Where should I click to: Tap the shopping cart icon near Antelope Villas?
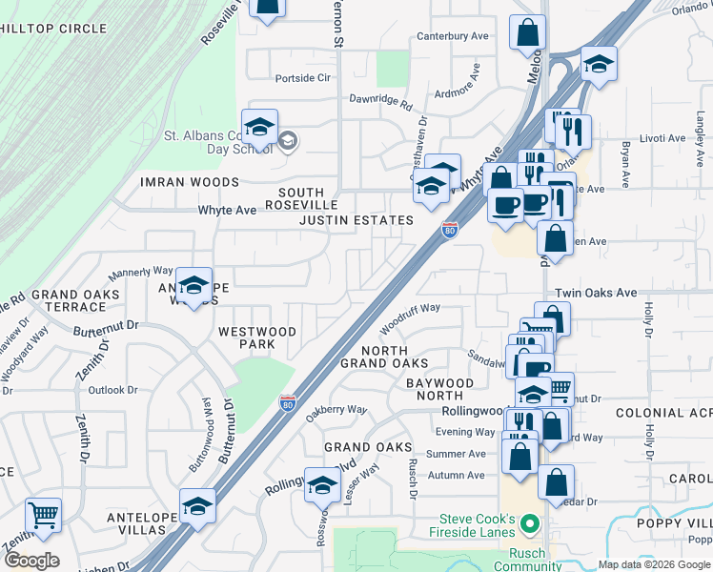pos(43,516)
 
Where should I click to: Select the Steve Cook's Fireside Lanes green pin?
pos(532,524)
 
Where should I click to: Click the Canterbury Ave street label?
pos(453,37)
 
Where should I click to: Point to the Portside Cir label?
pos(302,77)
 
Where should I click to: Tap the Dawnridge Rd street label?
pos(380,97)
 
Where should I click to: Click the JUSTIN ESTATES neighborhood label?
pos(356,220)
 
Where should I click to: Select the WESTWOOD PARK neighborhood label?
pos(257,337)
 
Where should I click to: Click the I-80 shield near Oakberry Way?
pos(287,404)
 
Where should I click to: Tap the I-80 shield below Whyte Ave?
pos(450,230)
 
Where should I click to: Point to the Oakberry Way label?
pos(336,410)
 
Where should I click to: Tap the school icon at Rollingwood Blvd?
pos(322,488)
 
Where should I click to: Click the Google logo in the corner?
pos(32,560)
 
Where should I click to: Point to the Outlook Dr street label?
pos(112,390)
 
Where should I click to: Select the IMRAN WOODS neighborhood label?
pos(190,182)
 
